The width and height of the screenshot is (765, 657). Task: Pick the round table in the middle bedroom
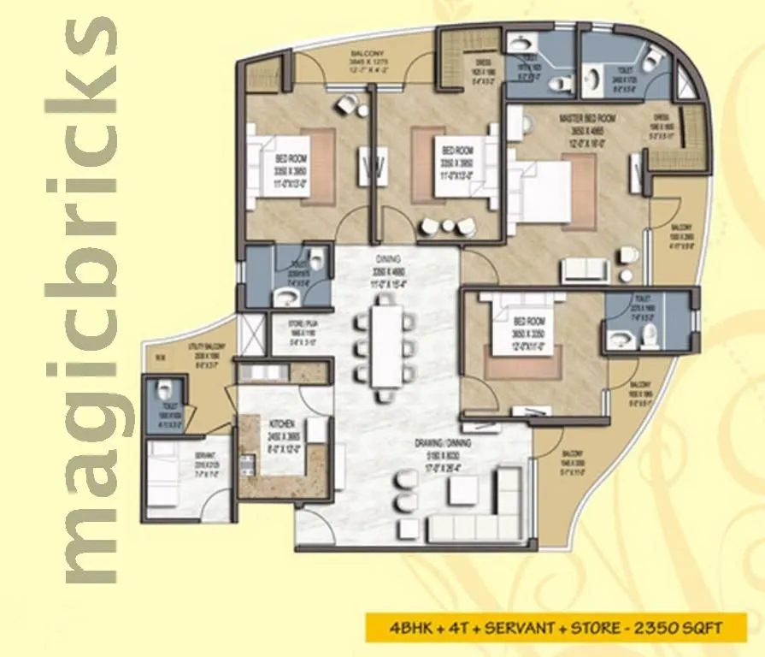(444, 226)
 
